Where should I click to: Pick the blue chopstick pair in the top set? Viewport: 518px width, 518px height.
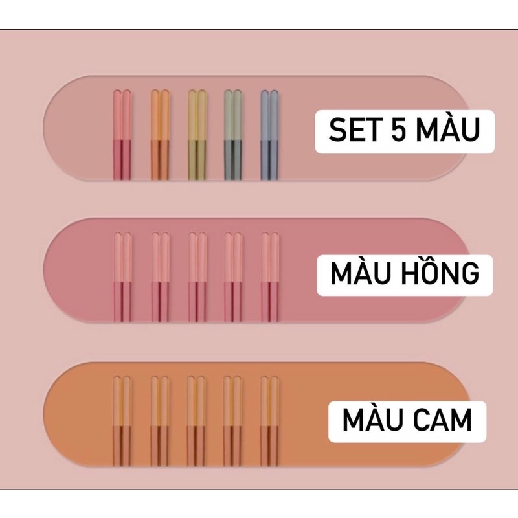click(x=269, y=135)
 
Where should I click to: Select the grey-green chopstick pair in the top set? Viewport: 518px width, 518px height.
click(x=232, y=135)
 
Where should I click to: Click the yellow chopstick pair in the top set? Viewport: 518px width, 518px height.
click(x=197, y=135)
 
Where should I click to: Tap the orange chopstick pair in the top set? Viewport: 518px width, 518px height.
click(x=160, y=135)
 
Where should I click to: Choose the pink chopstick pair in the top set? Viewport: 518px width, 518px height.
click(x=122, y=135)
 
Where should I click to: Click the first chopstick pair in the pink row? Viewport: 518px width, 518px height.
click(x=122, y=277)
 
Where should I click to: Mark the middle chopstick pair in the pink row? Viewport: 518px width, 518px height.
click(x=197, y=277)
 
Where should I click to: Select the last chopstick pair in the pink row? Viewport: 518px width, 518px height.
click(x=269, y=277)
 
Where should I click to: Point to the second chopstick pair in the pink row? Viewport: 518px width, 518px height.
click(x=160, y=277)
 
